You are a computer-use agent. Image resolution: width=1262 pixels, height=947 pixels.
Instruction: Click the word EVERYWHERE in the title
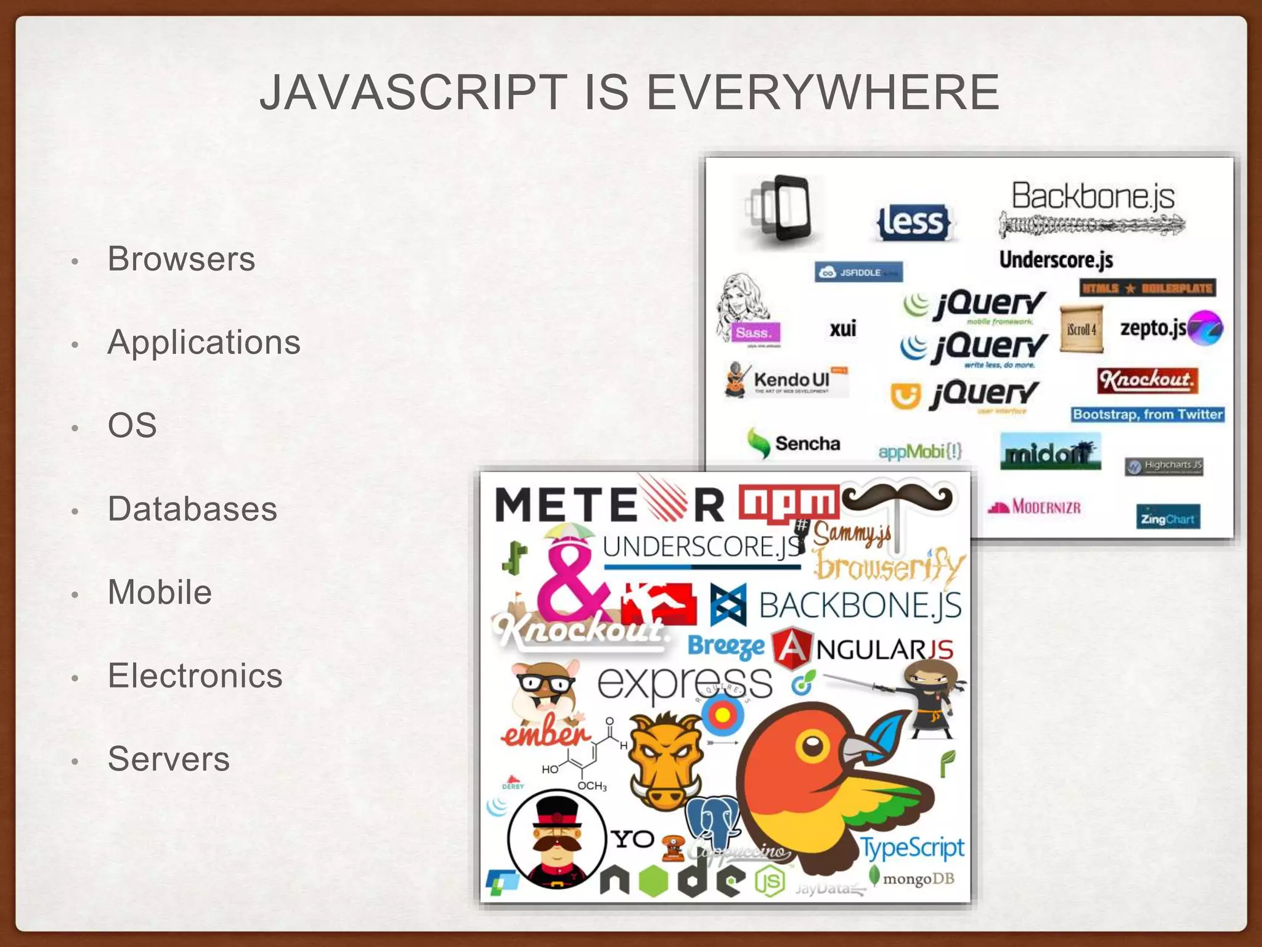(x=822, y=92)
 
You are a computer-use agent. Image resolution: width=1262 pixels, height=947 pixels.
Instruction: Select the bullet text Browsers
(x=181, y=258)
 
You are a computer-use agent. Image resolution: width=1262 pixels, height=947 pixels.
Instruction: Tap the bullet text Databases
(x=192, y=509)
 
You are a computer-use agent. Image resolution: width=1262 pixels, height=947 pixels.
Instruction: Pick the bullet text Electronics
(x=195, y=675)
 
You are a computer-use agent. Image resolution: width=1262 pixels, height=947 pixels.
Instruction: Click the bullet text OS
(x=132, y=425)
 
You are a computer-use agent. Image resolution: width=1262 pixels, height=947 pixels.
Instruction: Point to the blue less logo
(x=913, y=222)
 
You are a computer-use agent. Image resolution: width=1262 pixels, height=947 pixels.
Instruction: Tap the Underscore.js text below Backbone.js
(x=1056, y=260)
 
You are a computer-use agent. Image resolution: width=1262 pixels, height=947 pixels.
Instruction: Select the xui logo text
(x=842, y=329)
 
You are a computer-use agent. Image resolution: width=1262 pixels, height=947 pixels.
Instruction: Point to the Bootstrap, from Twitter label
(x=1147, y=414)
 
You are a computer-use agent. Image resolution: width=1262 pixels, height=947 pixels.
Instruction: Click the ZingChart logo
(x=1167, y=518)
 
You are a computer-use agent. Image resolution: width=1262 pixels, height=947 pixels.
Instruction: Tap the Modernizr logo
(x=1035, y=507)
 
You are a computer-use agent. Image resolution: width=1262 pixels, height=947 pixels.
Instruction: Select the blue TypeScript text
(x=911, y=848)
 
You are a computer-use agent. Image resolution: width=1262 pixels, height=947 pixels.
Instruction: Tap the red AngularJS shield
(x=791, y=649)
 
